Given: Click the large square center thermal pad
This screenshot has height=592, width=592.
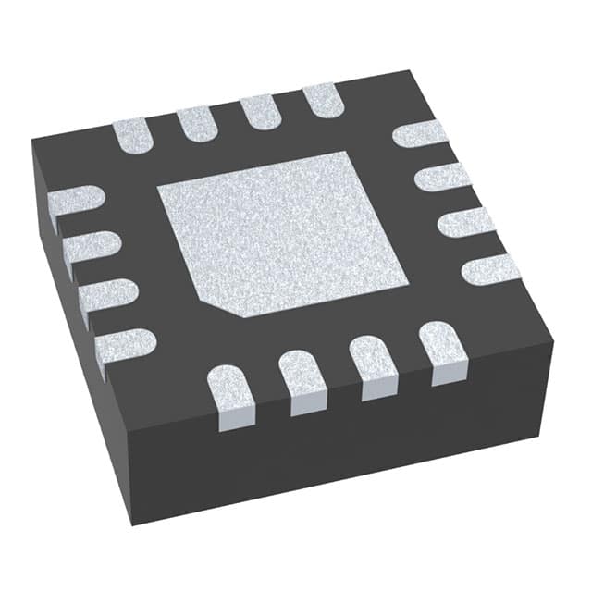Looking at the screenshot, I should tap(282, 231).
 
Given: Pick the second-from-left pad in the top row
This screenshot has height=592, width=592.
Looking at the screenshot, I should tap(195, 123).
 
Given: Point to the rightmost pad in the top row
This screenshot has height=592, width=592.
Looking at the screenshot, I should tap(323, 100).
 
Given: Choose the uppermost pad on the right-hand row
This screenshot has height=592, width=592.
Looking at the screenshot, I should tap(420, 134).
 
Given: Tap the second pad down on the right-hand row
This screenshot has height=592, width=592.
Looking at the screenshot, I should tap(443, 176).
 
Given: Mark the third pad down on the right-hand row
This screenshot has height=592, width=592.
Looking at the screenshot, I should tap(466, 222).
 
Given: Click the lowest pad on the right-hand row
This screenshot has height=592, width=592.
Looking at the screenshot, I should tap(491, 268).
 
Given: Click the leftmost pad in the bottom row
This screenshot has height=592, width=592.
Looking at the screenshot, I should tap(229, 396).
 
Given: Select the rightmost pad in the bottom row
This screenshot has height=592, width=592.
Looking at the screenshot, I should tap(442, 350).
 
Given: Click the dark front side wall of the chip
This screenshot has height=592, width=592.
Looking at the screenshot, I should tap(342, 453).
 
